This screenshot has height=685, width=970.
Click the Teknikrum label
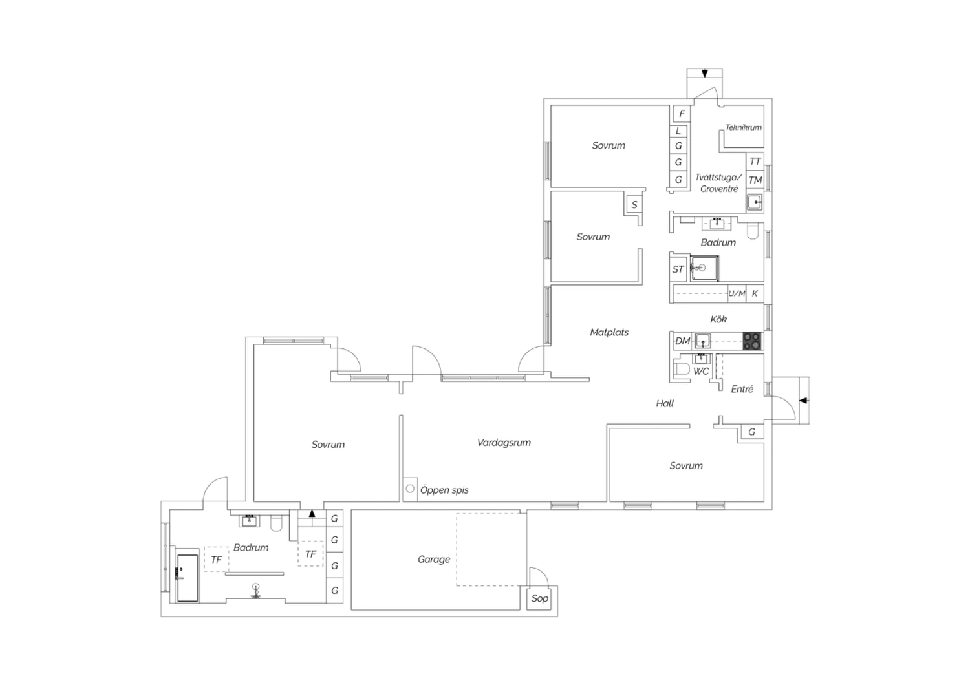coord(743,127)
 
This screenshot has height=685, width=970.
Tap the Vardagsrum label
coord(504,442)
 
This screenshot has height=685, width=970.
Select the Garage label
coord(433,559)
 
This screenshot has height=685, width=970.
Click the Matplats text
coord(609,332)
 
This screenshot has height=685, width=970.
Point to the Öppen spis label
coord(444,490)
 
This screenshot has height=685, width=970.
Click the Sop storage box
coord(539,598)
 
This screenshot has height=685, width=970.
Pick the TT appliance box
coord(755,162)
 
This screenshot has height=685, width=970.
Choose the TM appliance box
coord(755,180)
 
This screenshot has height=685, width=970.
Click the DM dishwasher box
coord(682,341)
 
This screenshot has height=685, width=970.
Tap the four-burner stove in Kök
coord(752,341)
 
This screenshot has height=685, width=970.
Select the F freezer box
coord(682,114)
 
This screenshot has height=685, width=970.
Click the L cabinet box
coord(678,131)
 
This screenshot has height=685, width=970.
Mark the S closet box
coord(634,204)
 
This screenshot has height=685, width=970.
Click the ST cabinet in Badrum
coord(678,269)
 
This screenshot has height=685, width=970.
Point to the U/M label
coord(737,293)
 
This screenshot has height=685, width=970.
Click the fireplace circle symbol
coord(409,489)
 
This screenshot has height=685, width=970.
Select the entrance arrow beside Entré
coord(804,401)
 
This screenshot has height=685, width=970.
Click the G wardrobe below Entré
coord(751,432)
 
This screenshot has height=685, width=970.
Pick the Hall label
coord(665,403)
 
